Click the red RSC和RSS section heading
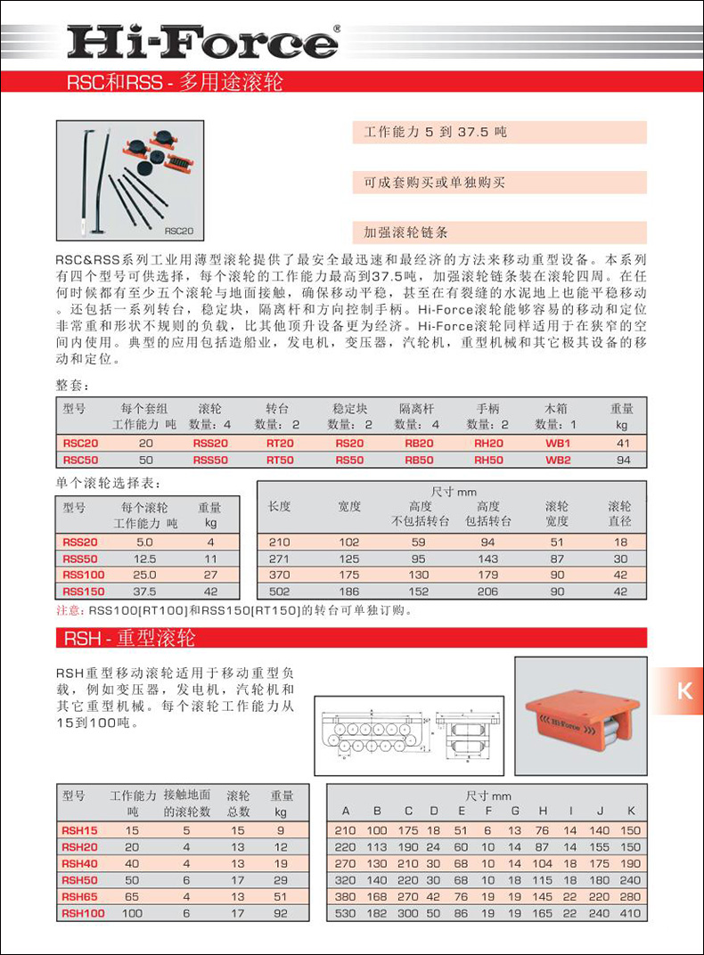coord(175,84)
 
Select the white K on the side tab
coord(684,690)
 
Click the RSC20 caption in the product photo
coord(178,231)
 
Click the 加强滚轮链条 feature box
coord(499,233)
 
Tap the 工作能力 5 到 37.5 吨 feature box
coord(499,132)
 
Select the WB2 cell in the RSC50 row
coord(558,460)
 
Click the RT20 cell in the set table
coord(280,443)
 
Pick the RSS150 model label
coord(84,592)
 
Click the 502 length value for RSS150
coord(280,592)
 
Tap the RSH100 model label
coord(83,913)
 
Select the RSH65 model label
coord(79,897)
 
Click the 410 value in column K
coord(630,913)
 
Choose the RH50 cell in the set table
coord(488,460)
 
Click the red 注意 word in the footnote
coord(69,611)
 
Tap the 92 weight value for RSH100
coord(282,913)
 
